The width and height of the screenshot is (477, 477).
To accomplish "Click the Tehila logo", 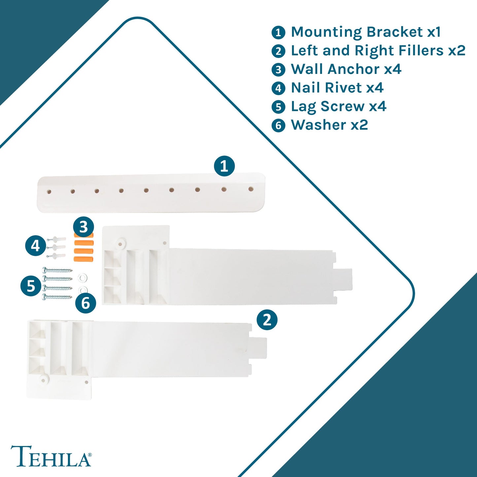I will point(51,456).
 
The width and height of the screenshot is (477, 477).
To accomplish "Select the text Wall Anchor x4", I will point(346,69).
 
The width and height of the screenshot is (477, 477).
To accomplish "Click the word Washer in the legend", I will point(318,125).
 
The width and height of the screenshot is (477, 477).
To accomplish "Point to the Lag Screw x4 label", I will point(338,107).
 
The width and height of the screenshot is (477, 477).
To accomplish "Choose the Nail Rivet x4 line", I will point(337,88).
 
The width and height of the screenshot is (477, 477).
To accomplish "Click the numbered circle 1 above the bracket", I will point(224,166).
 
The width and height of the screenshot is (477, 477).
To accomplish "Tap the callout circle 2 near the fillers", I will point(267,320).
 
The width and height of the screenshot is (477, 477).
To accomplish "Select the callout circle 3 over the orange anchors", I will point(84,227).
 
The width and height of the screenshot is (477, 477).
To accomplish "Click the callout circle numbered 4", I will point(36,246).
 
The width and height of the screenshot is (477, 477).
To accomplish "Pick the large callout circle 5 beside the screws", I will point(31,286).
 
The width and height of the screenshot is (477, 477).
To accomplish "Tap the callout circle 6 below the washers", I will point(85,303).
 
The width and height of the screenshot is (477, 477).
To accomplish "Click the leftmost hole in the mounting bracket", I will point(49,192).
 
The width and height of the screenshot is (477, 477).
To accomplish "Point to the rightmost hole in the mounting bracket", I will point(251,189).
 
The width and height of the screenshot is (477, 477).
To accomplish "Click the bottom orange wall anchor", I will point(84,259).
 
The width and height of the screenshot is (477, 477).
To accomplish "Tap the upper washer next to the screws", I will point(83,278).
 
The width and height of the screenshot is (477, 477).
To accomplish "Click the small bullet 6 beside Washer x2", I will point(278,125).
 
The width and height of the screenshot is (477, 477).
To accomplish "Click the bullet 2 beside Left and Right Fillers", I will point(278,51).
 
